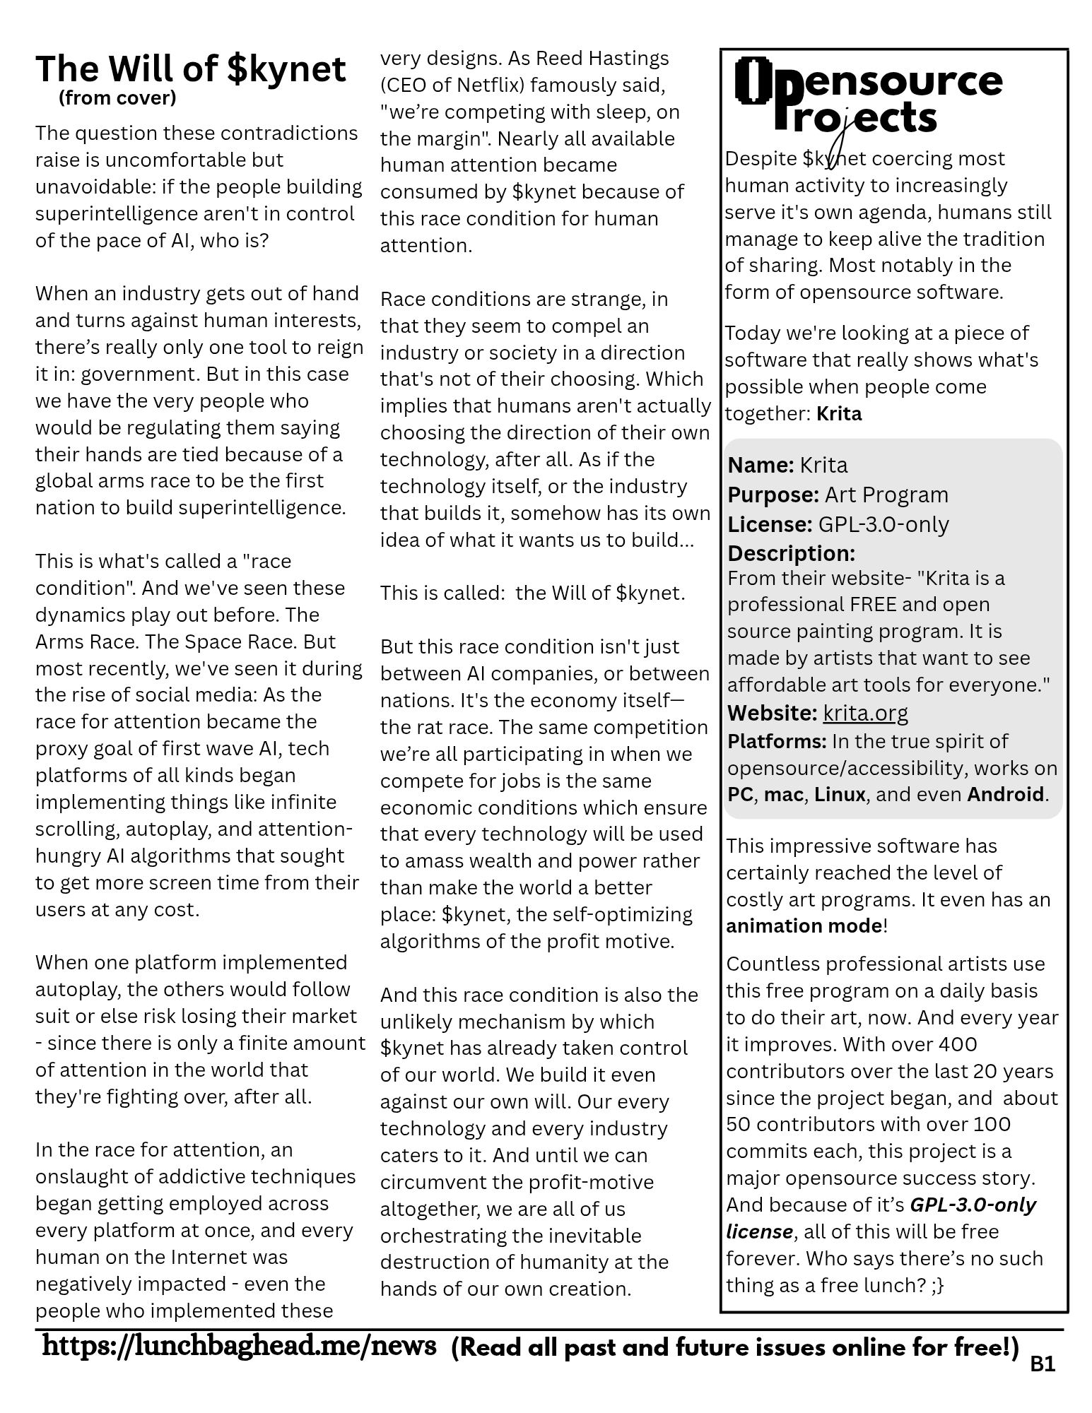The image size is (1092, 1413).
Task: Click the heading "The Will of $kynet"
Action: (x=191, y=69)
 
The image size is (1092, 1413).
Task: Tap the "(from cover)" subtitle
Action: (x=117, y=97)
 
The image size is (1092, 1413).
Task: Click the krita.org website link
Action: (x=865, y=713)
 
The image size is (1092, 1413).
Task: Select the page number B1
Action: (x=1043, y=1364)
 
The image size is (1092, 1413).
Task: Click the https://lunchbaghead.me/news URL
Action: (x=239, y=1346)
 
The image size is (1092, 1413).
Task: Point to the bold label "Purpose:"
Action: (x=773, y=495)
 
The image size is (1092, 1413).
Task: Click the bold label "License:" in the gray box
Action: (x=770, y=524)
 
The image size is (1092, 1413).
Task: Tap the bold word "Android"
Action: (x=1005, y=794)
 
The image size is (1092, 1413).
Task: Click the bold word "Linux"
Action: (x=840, y=794)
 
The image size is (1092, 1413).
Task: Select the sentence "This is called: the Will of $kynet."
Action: (x=532, y=593)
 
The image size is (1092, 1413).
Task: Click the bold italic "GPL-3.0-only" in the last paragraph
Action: (x=973, y=1205)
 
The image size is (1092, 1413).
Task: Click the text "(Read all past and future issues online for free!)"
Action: (x=735, y=1347)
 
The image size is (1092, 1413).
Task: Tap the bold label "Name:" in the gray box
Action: (x=761, y=465)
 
